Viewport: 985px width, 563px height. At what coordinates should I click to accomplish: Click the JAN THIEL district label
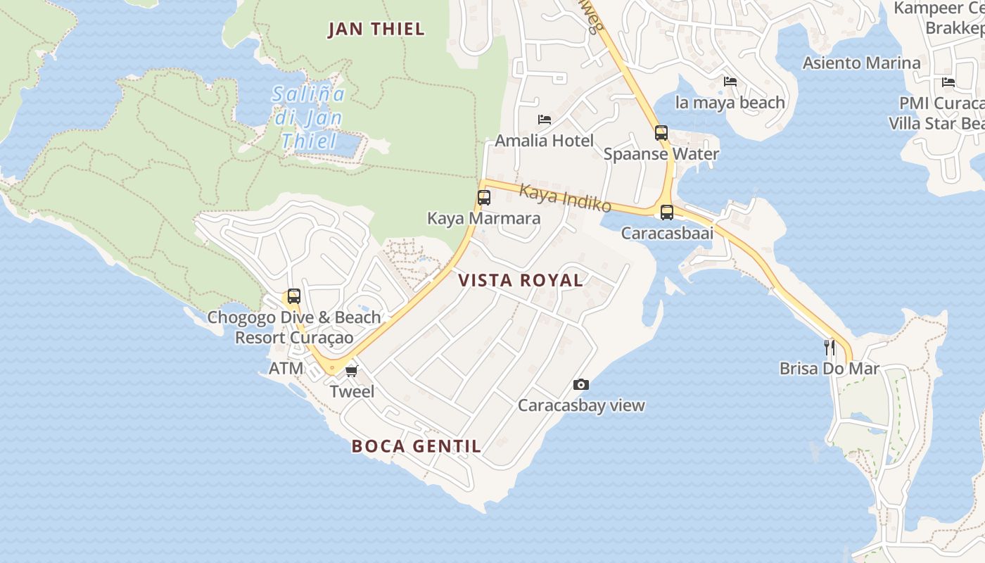pyautogui.click(x=376, y=29)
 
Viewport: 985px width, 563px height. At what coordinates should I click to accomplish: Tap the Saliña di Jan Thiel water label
pyautogui.click(x=309, y=118)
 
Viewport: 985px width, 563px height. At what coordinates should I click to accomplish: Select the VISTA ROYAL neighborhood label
pyautogui.click(x=521, y=280)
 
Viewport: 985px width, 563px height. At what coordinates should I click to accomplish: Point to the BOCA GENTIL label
pyautogui.click(x=417, y=445)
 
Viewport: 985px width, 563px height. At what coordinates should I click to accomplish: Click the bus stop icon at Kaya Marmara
pyautogui.click(x=484, y=198)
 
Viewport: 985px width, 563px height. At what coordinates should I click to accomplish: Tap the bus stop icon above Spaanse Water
pyautogui.click(x=661, y=133)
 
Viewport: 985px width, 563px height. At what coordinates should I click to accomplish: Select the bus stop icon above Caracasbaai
pyautogui.click(x=666, y=212)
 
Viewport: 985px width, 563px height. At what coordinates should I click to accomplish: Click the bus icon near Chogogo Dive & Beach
pyautogui.click(x=294, y=296)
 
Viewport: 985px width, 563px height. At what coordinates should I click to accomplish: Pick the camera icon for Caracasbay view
pyautogui.click(x=580, y=384)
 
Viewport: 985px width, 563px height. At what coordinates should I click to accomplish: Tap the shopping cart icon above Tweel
pyautogui.click(x=351, y=371)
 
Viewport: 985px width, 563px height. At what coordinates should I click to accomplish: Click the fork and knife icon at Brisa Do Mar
pyautogui.click(x=830, y=347)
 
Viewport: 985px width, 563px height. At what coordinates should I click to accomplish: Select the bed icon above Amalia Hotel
pyautogui.click(x=544, y=120)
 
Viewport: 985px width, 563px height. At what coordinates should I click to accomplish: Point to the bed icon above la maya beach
pyautogui.click(x=730, y=82)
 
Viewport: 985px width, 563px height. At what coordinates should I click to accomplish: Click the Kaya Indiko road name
pyautogui.click(x=565, y=198)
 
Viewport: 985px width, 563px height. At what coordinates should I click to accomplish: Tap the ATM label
pyautogui.click(x=286, y=368)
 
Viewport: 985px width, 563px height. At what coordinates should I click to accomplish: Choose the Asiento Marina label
pyautogui.click(x=861, y=63)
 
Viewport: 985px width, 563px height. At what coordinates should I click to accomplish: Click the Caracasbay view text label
pyautogui.click(x=581, y=405)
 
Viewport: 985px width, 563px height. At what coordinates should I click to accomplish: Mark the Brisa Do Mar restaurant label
pyautogui.click(x=830, y=368)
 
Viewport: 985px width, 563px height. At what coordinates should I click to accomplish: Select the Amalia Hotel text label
pyautogui.click(x=544, y=140)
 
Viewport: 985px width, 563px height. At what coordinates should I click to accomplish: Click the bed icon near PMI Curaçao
pyautogui.click(x=948, y=82)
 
